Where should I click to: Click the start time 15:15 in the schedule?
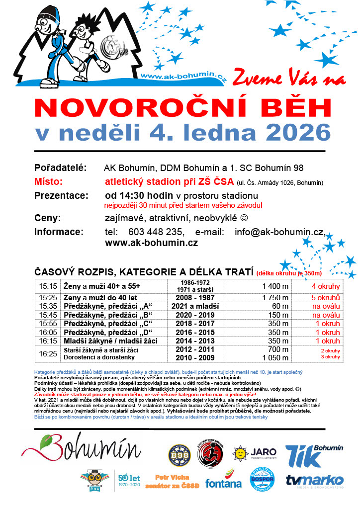pos(48,286)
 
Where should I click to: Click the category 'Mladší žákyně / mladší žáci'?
pos(108,341)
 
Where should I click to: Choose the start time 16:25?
pos(48,353)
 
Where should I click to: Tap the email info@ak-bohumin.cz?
pos(279,232)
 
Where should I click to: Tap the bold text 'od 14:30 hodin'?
pos(135,195)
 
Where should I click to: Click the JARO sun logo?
pos(241,453)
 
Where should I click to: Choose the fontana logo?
pos(224,481)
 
